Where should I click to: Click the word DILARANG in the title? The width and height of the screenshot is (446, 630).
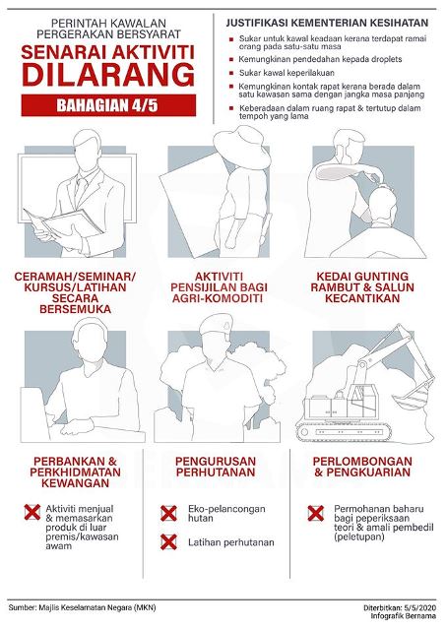click(x=108, y=75)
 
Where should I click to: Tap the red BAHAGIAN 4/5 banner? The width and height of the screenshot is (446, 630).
click(x=108, y=105)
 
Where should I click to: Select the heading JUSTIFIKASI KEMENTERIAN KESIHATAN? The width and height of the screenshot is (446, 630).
click(x=327, y=23)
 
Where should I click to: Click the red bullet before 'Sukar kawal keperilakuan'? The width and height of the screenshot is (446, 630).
click(x=231, y=73)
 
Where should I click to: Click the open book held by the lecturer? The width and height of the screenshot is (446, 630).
click(x=64, y=223)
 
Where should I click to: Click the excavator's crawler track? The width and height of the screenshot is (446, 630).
click(x=345, y=432)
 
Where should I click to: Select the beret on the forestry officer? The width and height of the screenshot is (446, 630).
click(x=217, y=323)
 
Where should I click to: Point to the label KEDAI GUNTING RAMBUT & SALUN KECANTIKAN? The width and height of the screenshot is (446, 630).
click(x=362, y=287)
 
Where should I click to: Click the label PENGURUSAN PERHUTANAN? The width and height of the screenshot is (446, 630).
click(x=216, y=467)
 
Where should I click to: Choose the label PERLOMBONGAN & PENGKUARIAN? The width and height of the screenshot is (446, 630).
click(x=362, y=467)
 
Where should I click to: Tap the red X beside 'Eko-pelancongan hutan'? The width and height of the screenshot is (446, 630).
click(x=168, y=514)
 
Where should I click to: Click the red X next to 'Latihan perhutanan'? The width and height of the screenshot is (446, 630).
click(x=168, y=542)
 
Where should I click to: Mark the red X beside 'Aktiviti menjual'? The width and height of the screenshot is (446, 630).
click(x=32, y=512)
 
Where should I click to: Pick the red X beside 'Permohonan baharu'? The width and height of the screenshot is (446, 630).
click(x=316, y=514)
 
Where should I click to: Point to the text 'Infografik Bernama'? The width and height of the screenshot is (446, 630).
click(x=403, y=616)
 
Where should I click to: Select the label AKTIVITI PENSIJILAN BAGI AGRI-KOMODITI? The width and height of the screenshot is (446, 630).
click(x=219, y=287)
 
